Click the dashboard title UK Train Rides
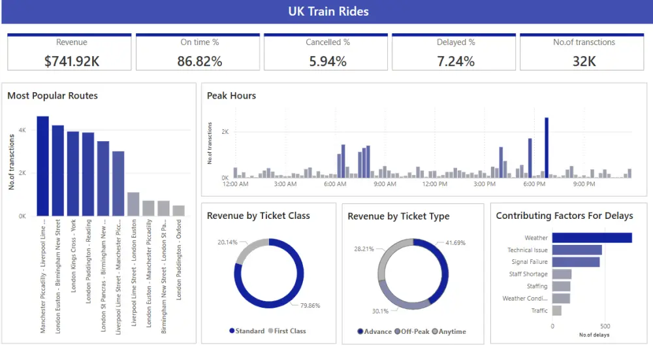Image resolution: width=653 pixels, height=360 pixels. pyautogui.click(x=328, y=11)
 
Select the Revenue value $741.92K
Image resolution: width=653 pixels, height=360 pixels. pyautogui.click(x=71, y=61)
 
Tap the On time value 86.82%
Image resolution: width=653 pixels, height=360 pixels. pyautogui.click(x=200, y=61)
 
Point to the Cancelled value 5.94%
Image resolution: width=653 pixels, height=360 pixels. pyautogui.click(x=328, y=61)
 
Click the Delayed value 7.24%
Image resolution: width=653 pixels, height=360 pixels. pyautogui.click(x=456, y=61)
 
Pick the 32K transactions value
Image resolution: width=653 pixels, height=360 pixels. pyautogui.click(x=584, y=61)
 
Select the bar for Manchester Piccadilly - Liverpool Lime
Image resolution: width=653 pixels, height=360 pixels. pyautogui.click(x=43, y=166)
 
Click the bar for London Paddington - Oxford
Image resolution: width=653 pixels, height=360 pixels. pyautogui.click(x=178, y=210)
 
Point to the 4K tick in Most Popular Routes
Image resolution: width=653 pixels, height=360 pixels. pyautogui.click(x=22, y=130)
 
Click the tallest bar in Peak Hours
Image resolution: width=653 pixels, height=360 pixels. pyautogui.click(x=546, y=148)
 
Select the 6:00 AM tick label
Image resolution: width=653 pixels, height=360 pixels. pyautogui.click(x=335, y=184)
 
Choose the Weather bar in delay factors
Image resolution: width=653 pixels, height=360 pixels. pyautogui.click(x=592, y=238)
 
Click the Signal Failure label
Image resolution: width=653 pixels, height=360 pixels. pyautogui.click(x=530, y=262)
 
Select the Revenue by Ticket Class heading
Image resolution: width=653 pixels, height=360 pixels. pyautogui.click(x=259, y=216)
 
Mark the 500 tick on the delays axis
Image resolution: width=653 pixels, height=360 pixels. pyautogui.click(x=605, y=326)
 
